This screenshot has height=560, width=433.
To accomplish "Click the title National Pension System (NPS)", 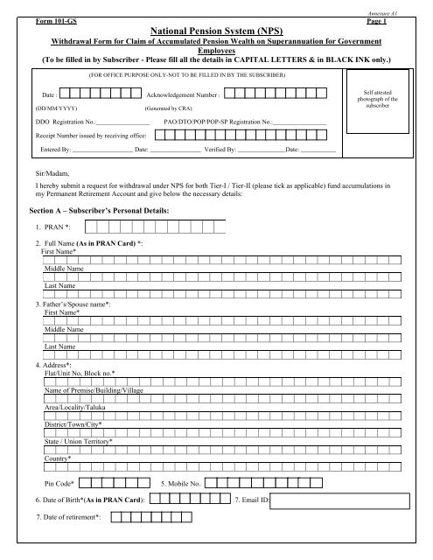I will [216, 30].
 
